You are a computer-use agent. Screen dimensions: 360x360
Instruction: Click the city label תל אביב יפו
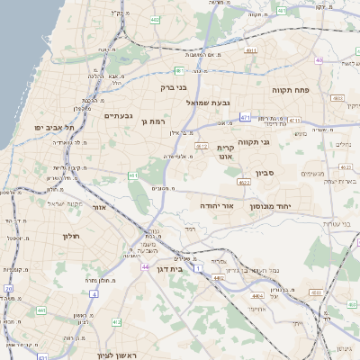44,128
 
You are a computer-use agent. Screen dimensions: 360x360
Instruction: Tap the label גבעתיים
119,115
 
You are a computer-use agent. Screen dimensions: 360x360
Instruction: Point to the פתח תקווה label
290,91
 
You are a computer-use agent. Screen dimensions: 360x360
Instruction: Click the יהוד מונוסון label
294,206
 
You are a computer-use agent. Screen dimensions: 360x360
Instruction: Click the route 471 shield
246,117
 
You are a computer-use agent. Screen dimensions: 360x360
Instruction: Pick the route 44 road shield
145,267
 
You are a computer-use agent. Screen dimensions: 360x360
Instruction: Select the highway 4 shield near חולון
94,293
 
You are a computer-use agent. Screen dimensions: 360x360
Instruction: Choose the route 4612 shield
201,146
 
